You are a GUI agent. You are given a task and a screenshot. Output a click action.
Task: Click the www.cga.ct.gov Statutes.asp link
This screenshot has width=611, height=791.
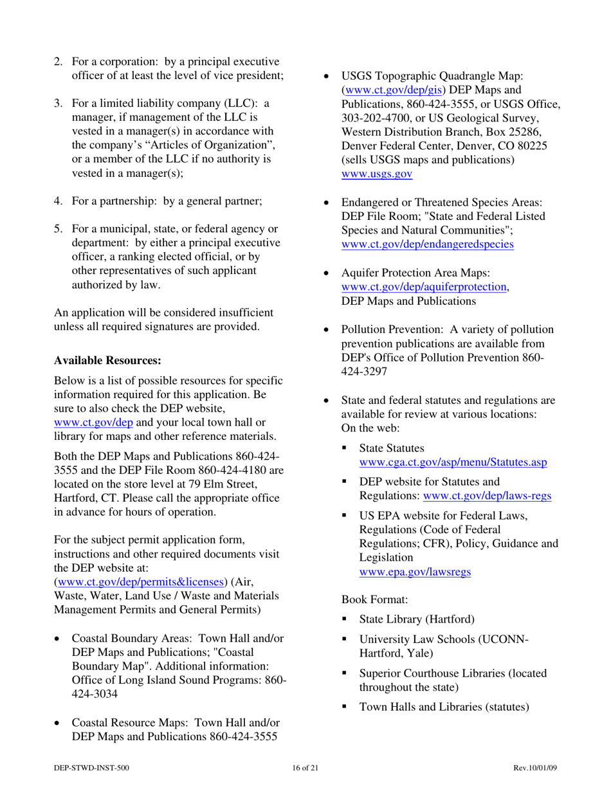(453, 462)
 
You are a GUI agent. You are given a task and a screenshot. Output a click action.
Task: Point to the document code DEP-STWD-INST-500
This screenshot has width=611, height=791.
(92, 768)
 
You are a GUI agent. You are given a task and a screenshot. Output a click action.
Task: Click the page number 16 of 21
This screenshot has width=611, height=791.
(305, 768)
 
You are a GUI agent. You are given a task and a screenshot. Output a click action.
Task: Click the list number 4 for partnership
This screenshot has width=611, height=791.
(58, 201)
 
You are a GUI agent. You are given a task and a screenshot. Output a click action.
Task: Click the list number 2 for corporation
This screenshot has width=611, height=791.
(58, 62)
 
